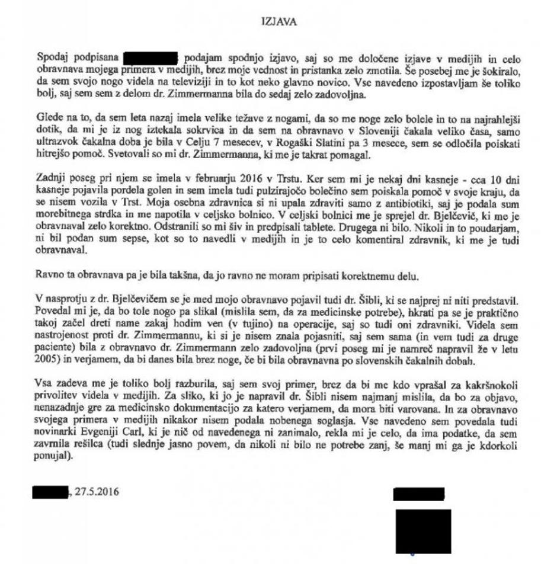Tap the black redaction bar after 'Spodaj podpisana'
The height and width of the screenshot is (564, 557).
tap(150, 58)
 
